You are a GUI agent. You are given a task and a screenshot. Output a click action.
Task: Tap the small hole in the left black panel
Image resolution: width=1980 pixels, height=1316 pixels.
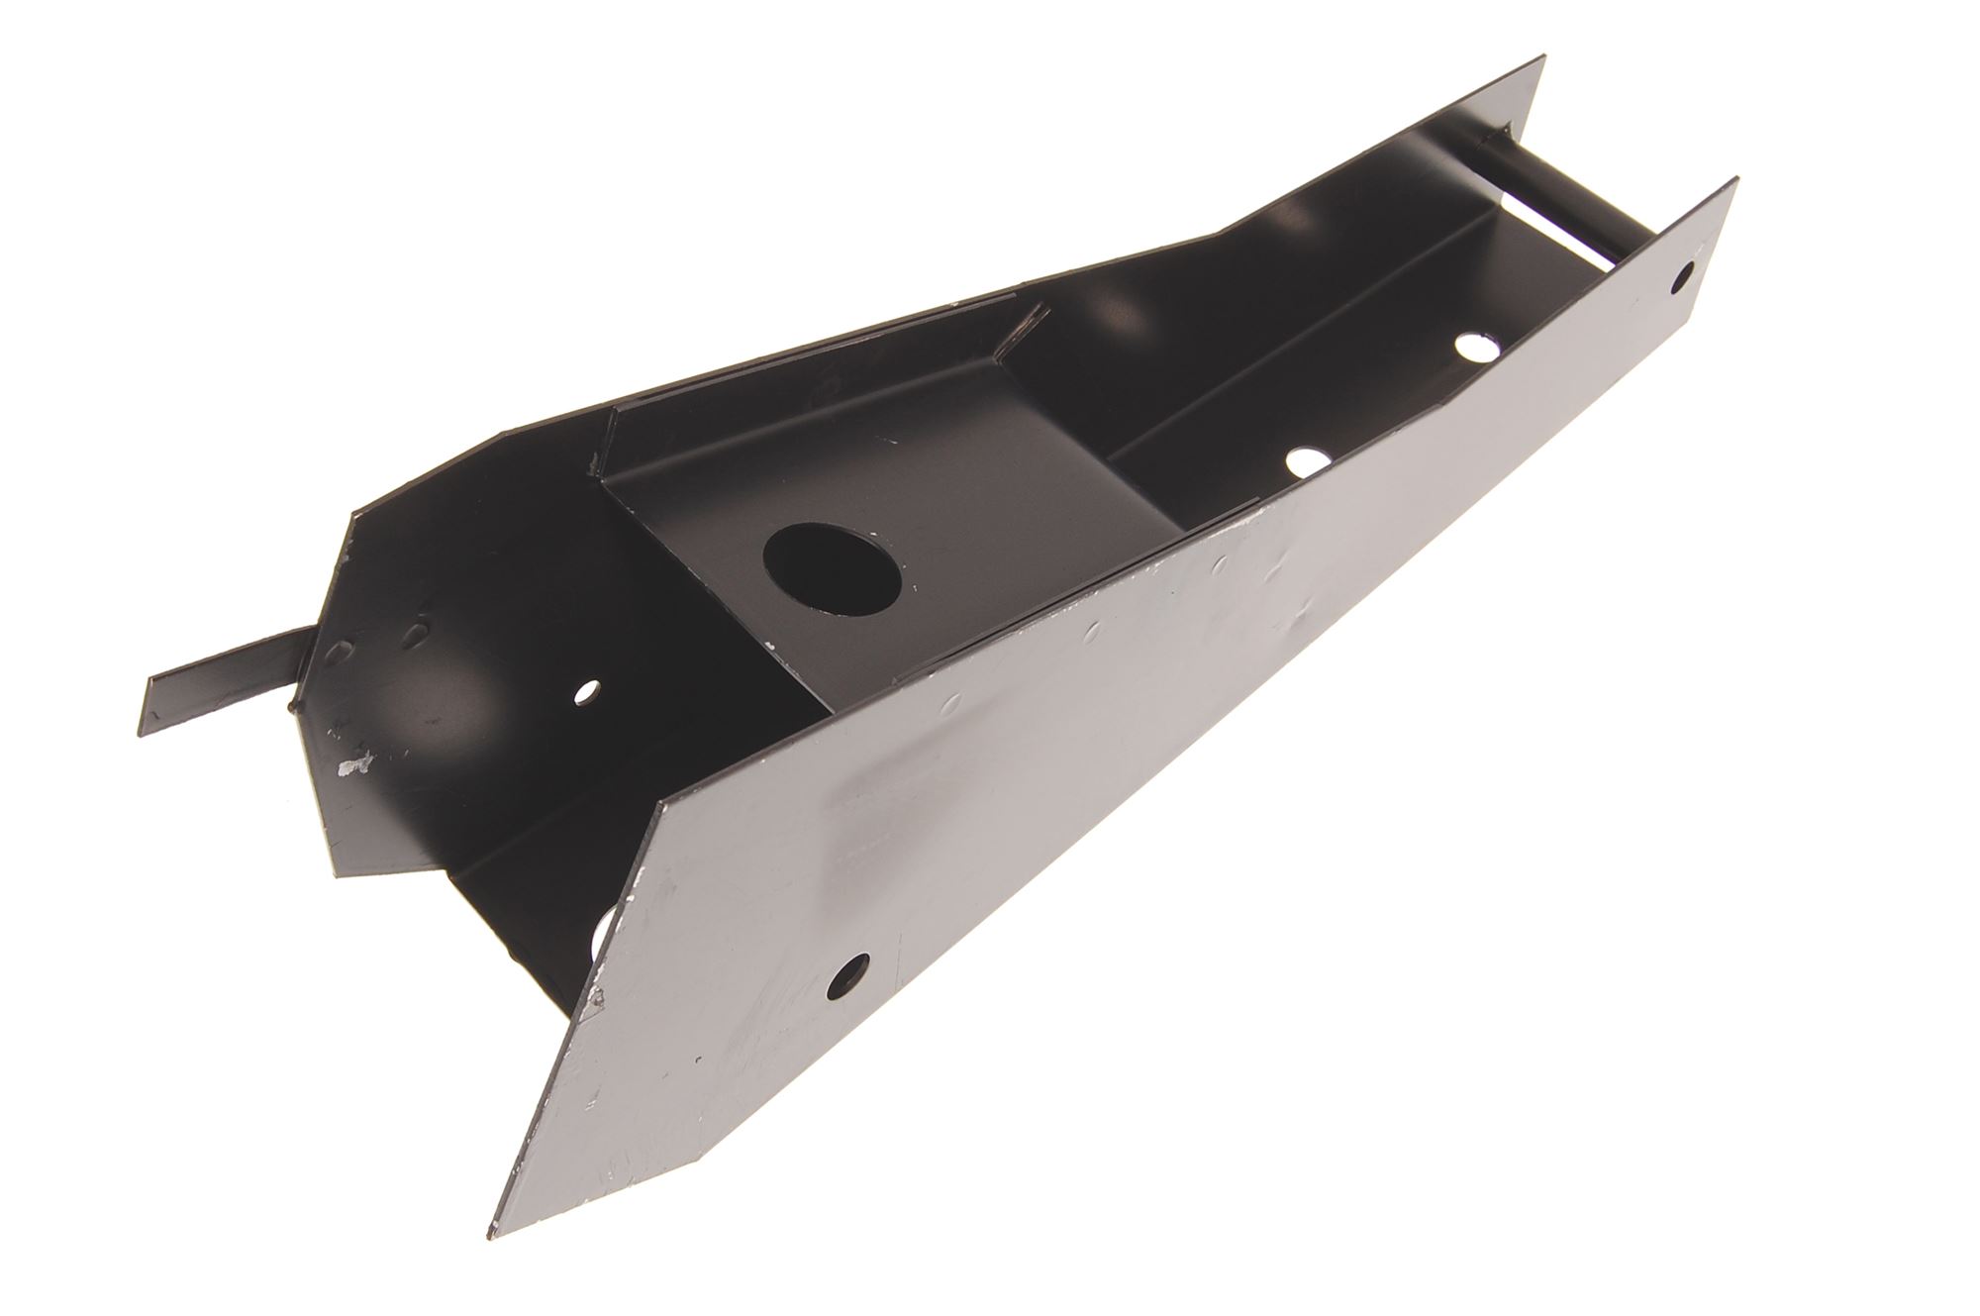pyautogui.click(x=588, y=688)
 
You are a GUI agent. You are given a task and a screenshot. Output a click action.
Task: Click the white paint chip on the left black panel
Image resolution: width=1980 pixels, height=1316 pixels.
pyautogui.click(x=352, y=763)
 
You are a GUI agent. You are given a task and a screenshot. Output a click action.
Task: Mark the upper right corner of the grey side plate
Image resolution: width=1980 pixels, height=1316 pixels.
pyautogui.click(x=1735, y=180)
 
